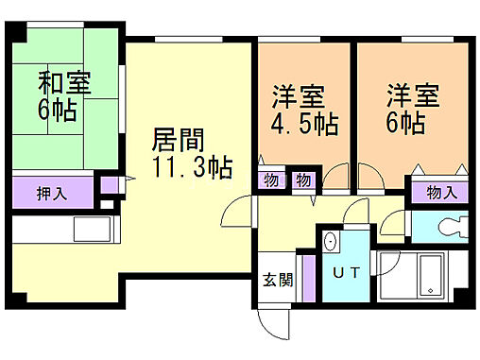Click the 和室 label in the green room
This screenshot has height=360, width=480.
[x=65, y=82]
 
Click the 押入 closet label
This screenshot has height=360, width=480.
[x=51, y=195]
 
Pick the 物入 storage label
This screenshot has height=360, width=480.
[x=440, y=193]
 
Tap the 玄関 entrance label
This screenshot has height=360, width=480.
[x=277, y=281]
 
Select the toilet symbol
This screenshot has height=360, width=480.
[x=449, y=227]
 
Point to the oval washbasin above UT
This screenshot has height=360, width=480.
[x=330, y=242]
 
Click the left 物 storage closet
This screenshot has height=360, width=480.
[x=271, y=180]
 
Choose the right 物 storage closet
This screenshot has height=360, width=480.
[x=304, y=180]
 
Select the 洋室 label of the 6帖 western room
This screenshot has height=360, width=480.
[x=413, y=95]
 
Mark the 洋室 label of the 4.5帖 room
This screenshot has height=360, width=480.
[x=300, y=95]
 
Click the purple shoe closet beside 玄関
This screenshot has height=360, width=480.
[x=308, y=281]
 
